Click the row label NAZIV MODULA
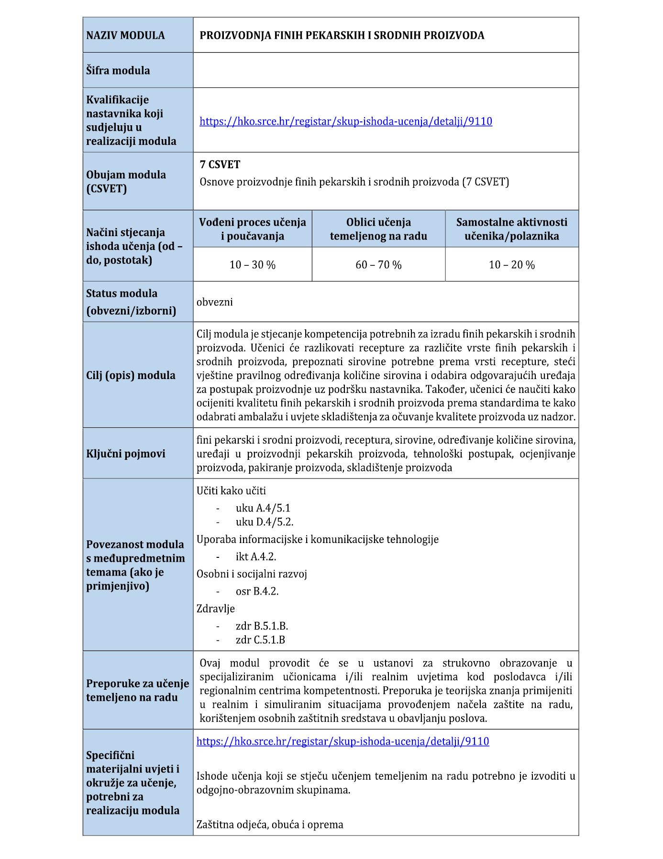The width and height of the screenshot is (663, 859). (x=125, y=35)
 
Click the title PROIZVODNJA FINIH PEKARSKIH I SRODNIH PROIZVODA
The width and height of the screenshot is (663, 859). (x=342, y=35)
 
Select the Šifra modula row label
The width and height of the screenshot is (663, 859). (x=118, y=71)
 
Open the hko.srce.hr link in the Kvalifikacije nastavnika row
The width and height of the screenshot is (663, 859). (x=345, y=121)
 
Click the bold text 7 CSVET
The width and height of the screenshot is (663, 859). (x=220, y=165)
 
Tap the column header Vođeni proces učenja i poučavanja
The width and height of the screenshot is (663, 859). (x=253, y=229)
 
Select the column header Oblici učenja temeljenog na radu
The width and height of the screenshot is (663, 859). (x=378, y=229)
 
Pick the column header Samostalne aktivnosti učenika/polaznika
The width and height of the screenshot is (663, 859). (x=511, y=229)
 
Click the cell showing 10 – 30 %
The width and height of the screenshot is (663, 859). (x=253, y=265)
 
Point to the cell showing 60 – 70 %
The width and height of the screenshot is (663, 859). (x=378, y=265)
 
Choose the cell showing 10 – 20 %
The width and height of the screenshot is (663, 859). (x=511, y=265)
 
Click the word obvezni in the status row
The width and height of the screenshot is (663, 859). (x=215, y=302)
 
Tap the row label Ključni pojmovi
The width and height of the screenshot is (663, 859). (x=126, y=454)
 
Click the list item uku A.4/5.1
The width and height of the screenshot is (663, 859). (x=263, y=508)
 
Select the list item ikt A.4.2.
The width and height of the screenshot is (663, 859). (x=256, y=556)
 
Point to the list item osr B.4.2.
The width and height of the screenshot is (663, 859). (x=257, y=591)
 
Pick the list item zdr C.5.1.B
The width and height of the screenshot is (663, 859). (x=260, y=640)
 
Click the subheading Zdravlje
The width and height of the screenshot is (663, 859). (x=216, y=609)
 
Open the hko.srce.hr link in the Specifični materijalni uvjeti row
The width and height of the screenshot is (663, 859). (x=343, y=741)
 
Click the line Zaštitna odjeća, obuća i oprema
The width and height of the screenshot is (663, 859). (x=270, y=825)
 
